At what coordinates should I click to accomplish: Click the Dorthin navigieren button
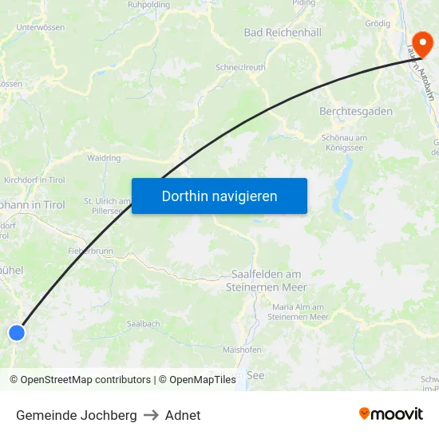point(219,196)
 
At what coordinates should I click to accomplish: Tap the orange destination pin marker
point(420,42)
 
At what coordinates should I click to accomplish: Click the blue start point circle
point(16,333)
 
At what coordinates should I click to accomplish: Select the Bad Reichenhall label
point(283,33)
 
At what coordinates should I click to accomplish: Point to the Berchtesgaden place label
point(356,112)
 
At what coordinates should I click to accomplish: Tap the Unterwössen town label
point(40,27)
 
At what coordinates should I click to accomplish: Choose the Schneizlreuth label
point(240,69)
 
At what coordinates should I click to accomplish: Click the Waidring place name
point(104,158)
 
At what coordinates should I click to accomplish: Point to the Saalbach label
point(144,324)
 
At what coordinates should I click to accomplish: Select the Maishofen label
point(243,350)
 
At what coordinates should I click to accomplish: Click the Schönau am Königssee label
point(348,142)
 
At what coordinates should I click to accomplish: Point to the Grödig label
point(378,23)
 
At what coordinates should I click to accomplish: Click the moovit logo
point(391,414)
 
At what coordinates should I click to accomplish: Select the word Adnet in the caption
point(183,415)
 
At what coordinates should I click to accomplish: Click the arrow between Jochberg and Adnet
point(151,415)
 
